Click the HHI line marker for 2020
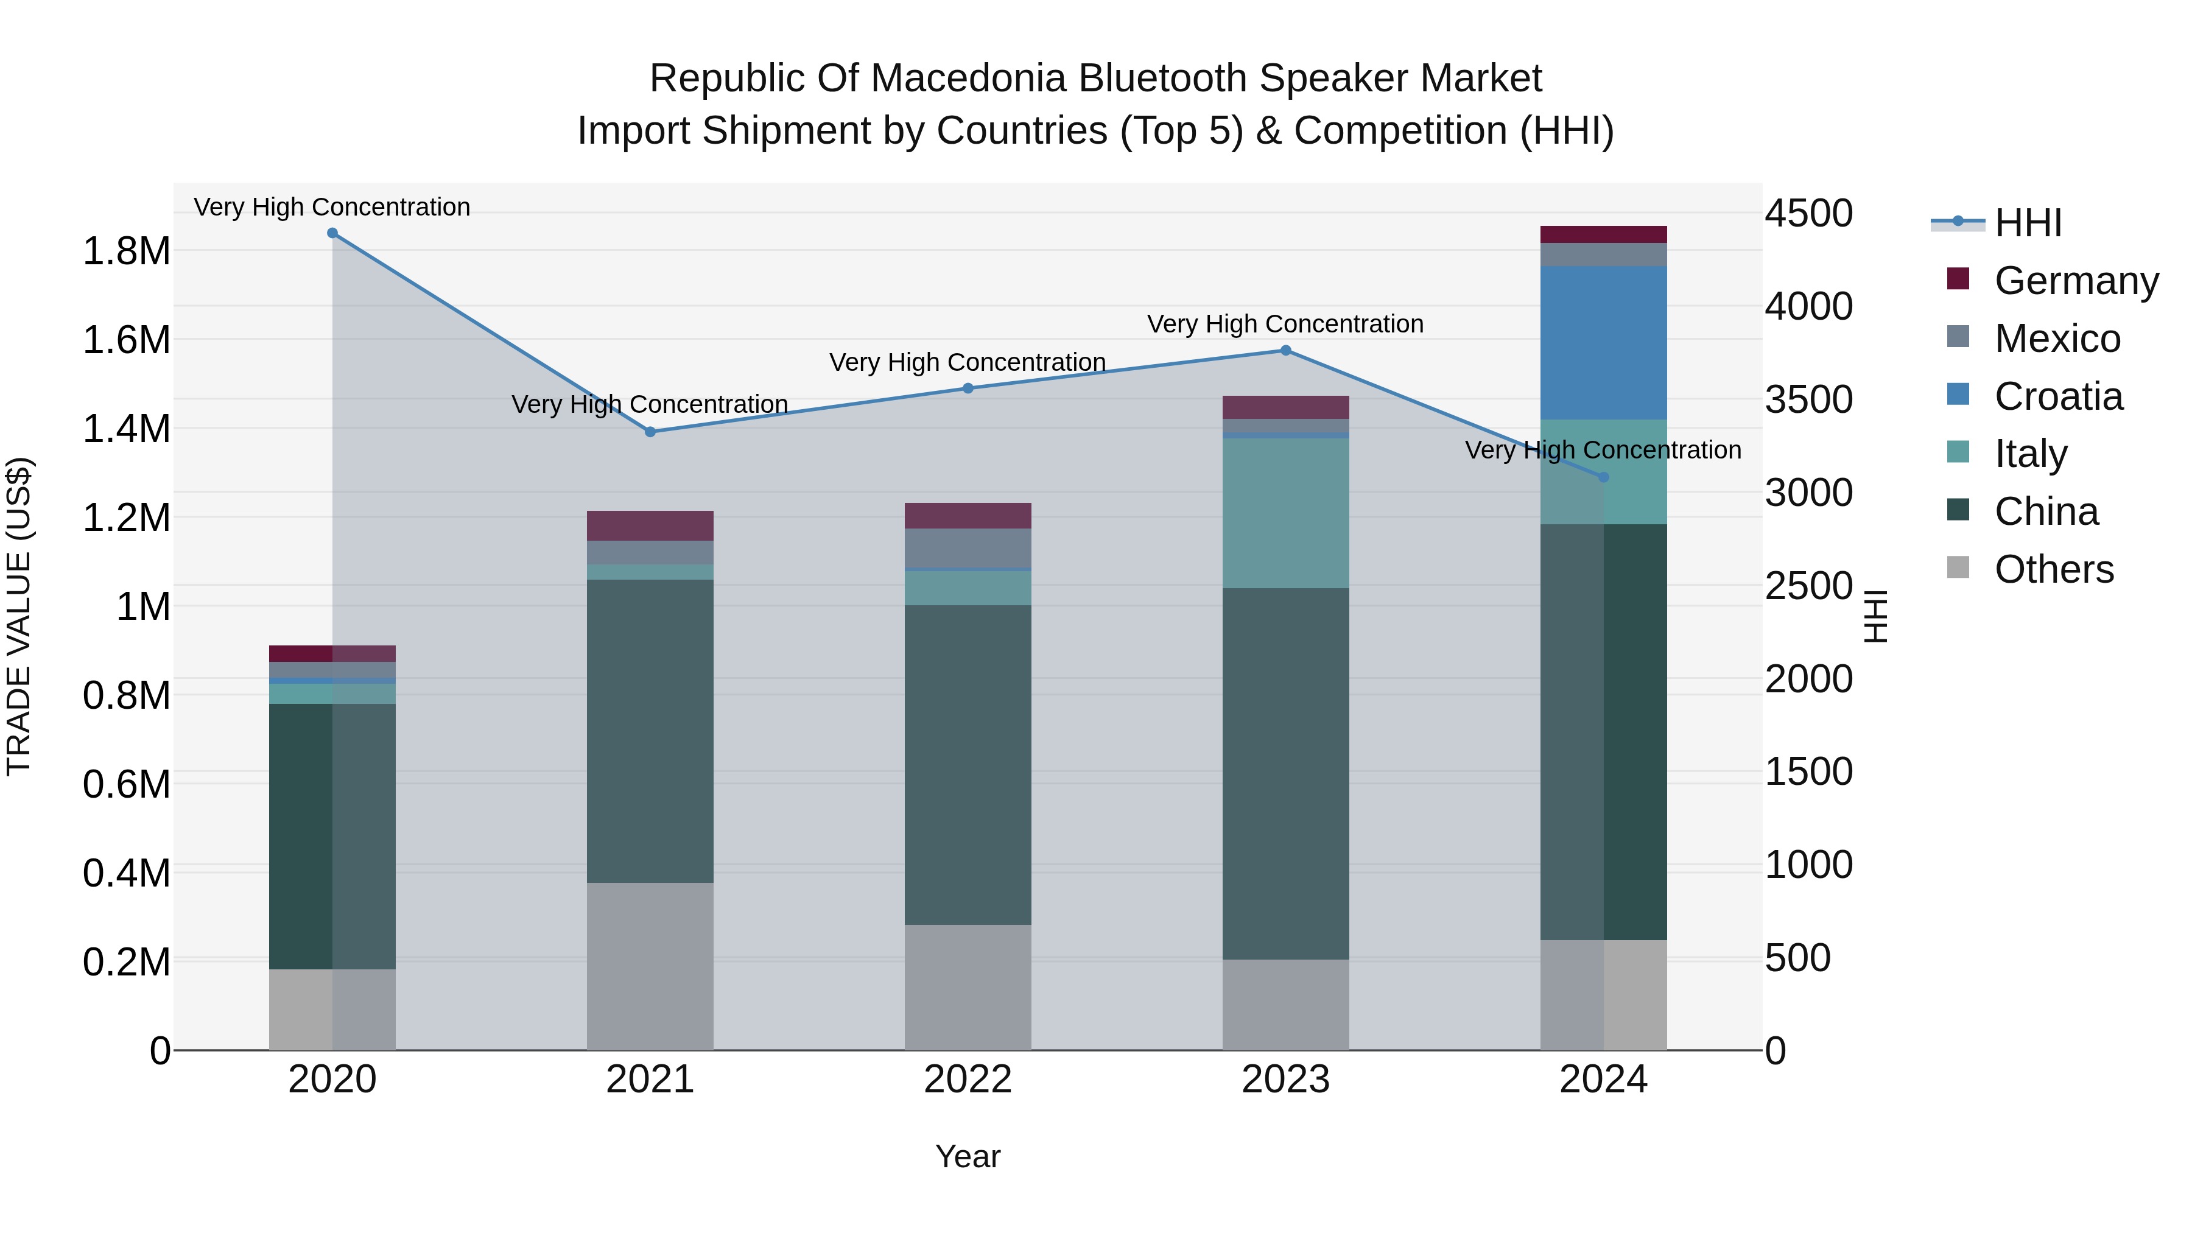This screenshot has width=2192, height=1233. click(332, 233)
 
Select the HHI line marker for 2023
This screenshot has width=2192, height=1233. click(1286, 351)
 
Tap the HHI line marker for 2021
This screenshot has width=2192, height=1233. click(650, 432)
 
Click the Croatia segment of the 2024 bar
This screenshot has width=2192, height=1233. click(1603, 342)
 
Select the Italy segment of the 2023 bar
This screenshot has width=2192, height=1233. click(1286, 513)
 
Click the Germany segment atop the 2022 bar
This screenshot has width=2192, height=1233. click(968, 516)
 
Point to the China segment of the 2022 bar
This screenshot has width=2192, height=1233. click(968, 764)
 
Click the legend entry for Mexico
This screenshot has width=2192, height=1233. click(2057, 339)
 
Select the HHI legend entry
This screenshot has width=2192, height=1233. click(2027, 223)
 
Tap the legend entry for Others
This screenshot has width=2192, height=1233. click(2053, 569)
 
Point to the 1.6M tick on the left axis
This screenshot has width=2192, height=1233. click(126, 340)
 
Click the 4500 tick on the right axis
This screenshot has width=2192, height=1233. click(1808, 214)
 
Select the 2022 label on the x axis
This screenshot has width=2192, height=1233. click(968, 1080)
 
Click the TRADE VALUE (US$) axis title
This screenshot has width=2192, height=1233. click(19, 616)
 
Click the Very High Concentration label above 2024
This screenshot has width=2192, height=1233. click(1603, 450)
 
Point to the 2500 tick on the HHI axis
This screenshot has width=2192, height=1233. click(1808, 586)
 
